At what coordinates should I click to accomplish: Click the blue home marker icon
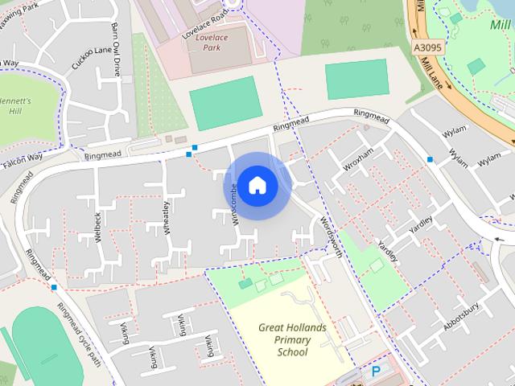coord(257,186)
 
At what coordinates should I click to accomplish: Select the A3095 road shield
coord(428,48)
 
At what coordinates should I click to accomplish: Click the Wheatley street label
coord(167,218)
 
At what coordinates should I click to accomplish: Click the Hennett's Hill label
coord(16,106)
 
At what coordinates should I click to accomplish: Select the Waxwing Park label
coord(19,12)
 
